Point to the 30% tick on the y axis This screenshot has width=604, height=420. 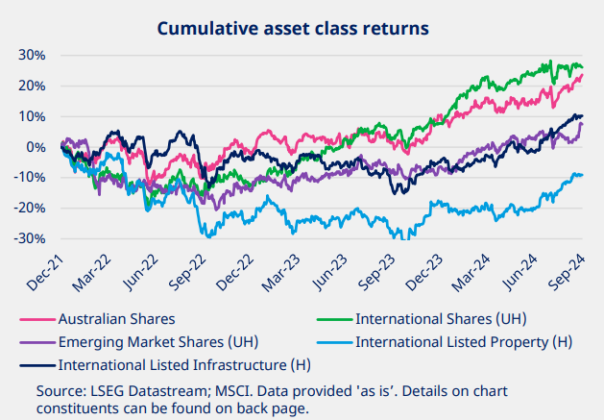[32, 55]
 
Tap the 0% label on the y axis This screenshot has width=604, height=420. [36, 147]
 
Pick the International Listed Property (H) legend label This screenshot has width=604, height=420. [465, 341]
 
